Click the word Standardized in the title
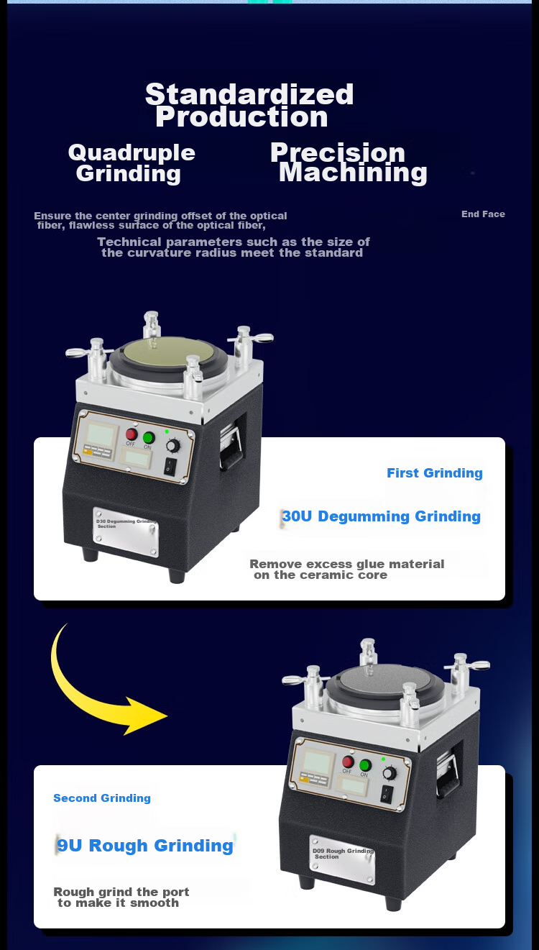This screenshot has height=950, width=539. [249, 93]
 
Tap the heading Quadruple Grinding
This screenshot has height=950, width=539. [132, 163]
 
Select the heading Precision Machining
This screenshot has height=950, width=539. [349, 163]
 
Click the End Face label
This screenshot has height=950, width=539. [483, 214]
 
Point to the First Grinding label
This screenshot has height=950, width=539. [434, 473]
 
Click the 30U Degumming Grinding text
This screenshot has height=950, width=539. [382, 516]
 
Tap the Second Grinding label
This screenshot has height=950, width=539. [102, 798]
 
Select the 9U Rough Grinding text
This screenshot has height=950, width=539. [145, 845]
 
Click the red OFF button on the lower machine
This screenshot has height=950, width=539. [348, 762]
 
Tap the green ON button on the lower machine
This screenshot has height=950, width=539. [365, 765]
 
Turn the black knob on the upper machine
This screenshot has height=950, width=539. [173, 446]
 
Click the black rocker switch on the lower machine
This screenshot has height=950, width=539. [386, 795]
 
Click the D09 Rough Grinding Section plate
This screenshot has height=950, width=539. [342, 860]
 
